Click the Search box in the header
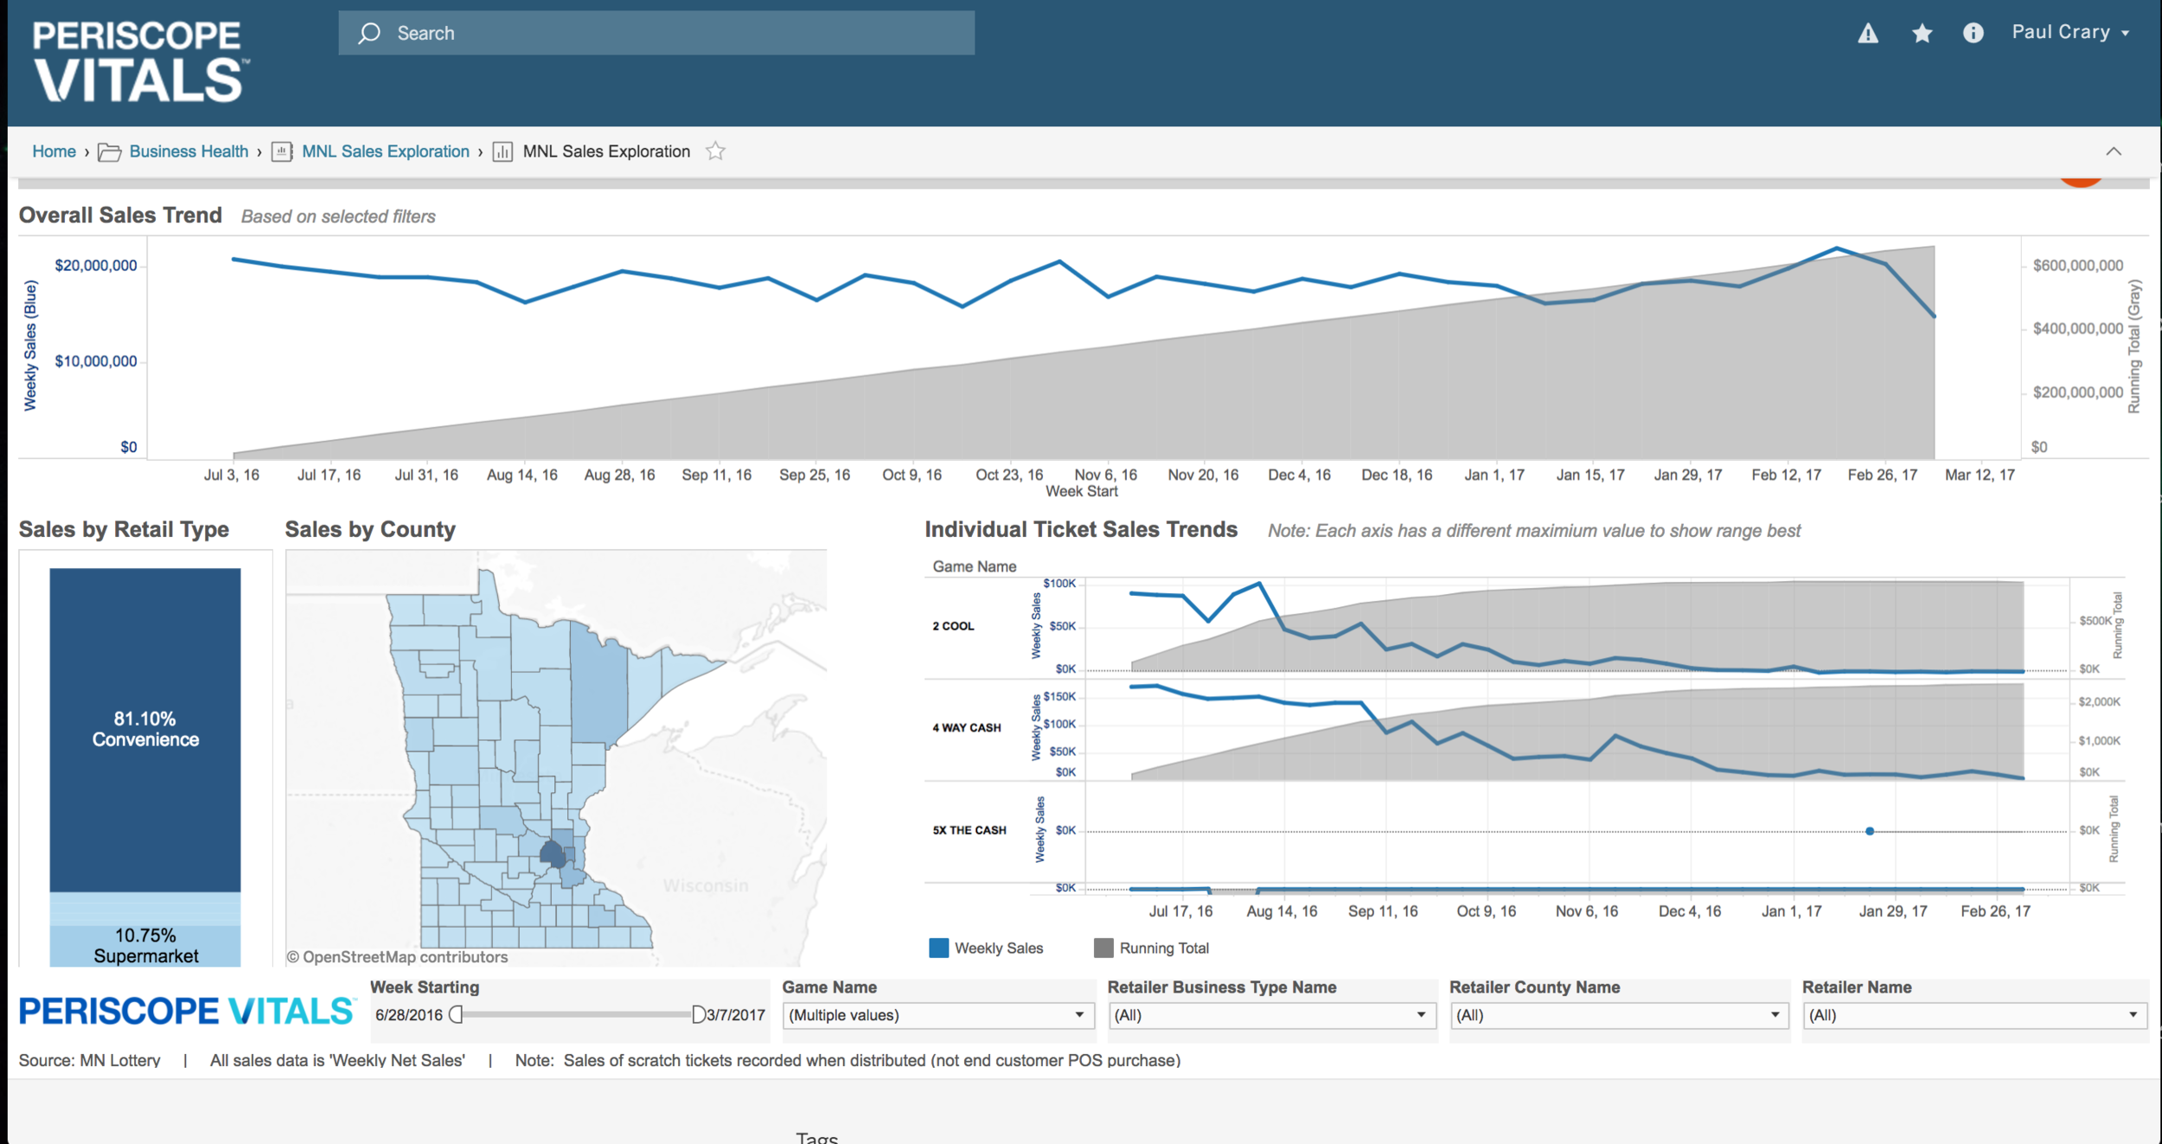[656, 33]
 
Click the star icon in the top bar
[1922, 33]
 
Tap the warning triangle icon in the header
[1868, 33]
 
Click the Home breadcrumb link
[54, 151]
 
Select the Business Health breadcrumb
[189, 151]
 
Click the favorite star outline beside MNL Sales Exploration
[715, 151]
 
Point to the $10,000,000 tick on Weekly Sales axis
[96, 361]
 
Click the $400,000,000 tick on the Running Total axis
[2077, 329]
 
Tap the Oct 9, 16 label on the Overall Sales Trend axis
[911, 475]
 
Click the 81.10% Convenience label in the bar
[145, 729]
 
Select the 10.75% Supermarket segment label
[145, 946]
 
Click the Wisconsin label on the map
[706, 885]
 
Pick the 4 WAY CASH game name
[967, 727]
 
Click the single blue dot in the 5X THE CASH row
[1870, 831]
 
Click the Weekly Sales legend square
[938, 948]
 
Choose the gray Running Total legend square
[1103, 948]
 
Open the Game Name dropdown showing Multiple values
[937, 1015]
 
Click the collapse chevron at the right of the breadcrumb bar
[2114, 151]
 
